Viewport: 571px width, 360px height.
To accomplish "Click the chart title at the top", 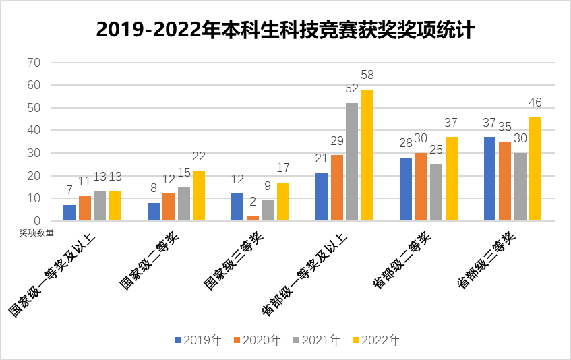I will coord(285,30).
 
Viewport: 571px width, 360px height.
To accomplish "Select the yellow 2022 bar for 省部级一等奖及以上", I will coord(367,155).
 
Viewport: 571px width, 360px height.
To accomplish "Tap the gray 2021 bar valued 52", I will coord(352,162).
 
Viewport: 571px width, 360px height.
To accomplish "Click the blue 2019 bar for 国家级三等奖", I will coord(237,207).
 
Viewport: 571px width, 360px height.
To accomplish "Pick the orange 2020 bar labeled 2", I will coord(252,218).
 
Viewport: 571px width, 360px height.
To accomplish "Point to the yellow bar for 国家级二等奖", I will coord(199,196).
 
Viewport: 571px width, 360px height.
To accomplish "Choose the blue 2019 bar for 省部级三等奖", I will coord(489,179).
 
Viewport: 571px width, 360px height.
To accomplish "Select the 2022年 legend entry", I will coord(376,340).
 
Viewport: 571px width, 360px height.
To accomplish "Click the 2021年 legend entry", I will coord(317,340).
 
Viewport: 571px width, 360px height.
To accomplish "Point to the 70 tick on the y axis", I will coord(33,63).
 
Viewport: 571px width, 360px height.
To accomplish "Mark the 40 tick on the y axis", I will coord(33,130).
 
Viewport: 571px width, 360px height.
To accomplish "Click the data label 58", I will coord(367,75).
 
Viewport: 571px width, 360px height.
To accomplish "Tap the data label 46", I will coord(535,102).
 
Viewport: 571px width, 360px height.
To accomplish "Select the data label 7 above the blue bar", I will coord(69,191).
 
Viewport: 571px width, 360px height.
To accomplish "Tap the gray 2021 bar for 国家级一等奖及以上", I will coord(100,206).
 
